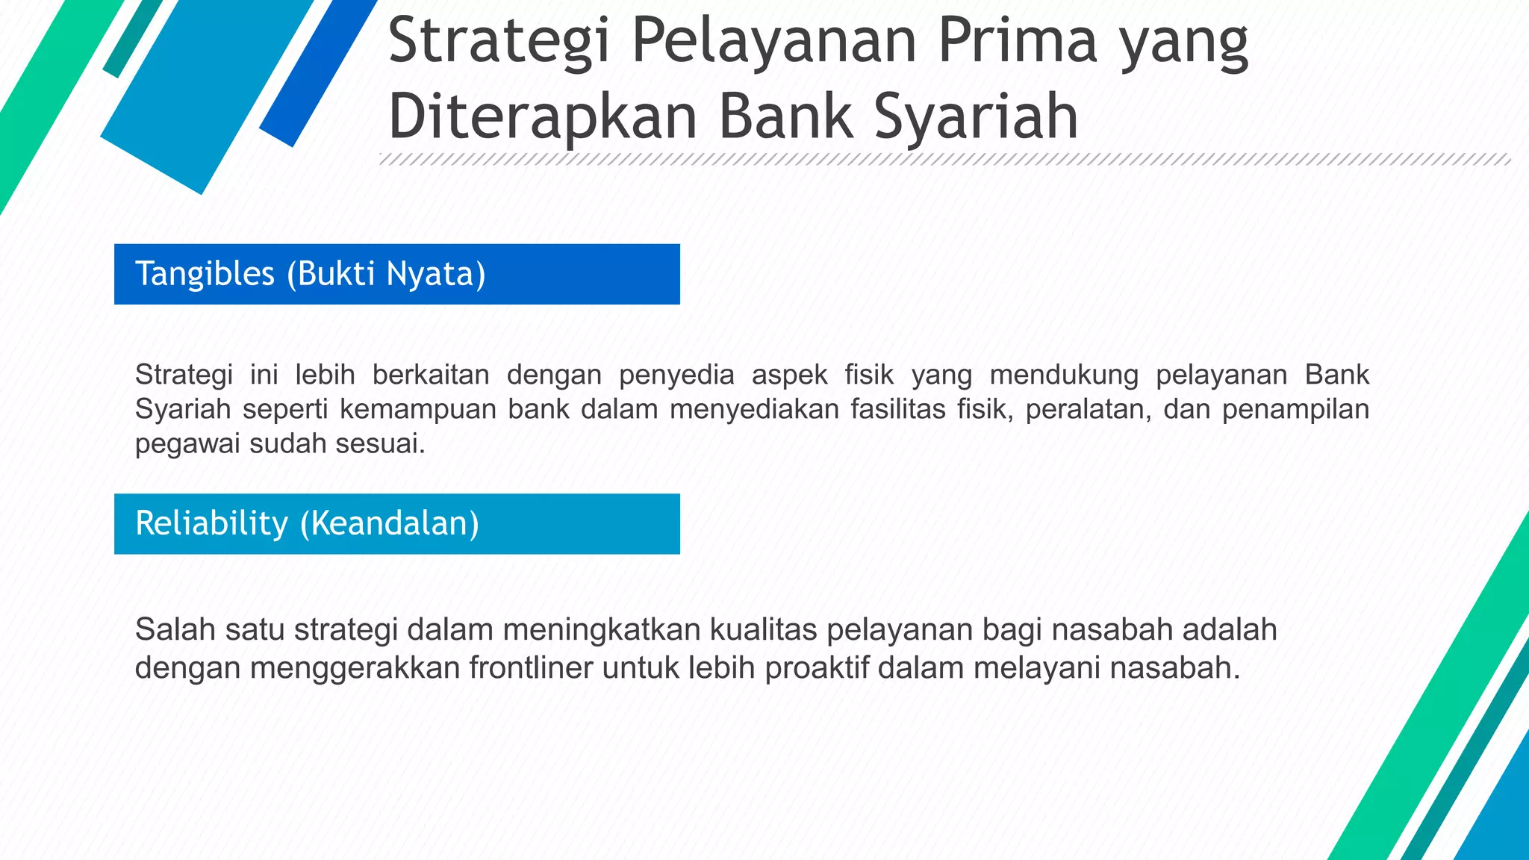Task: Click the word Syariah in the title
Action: coord(976,117)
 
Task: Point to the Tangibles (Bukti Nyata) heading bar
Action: coord(396,274)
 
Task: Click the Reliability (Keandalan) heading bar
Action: coord(396,523)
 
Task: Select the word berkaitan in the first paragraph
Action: coord(431,374)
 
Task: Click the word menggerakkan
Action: coord(355,667)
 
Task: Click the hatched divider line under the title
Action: coord(944,159)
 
